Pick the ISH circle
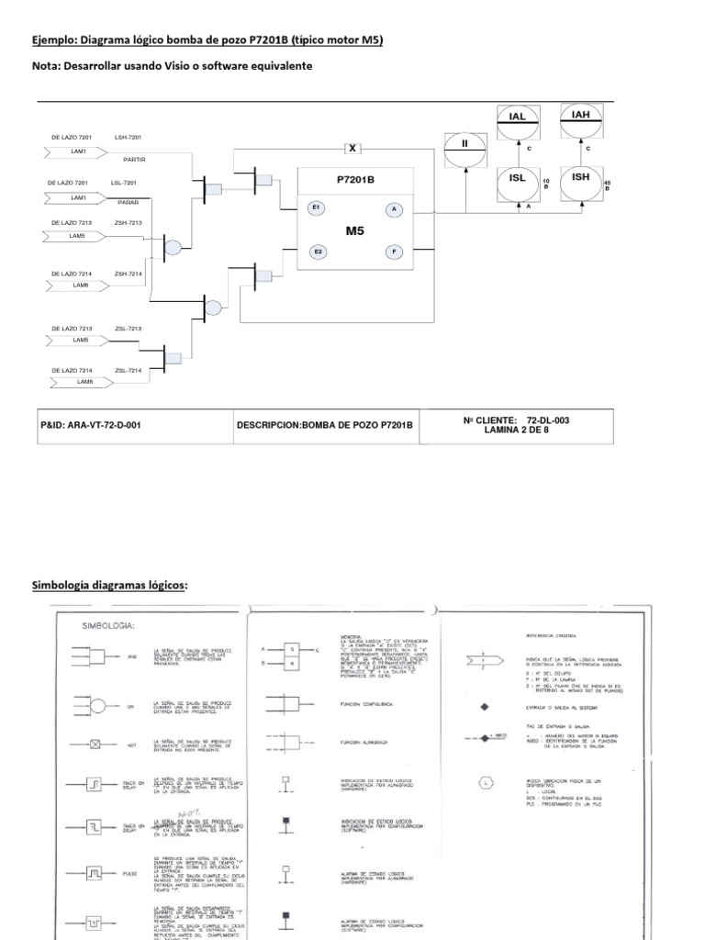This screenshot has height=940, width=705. pyautogui.click(x=580, y=180)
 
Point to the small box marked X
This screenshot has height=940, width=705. pyautogui.click(x=352, y=148)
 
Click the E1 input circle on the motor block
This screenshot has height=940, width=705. pyautogui.click(x=317, y=208)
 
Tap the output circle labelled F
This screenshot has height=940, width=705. pyautogui.click(x=394, y=251)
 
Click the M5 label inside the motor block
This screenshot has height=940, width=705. pyautogui.click(x=355, y=230)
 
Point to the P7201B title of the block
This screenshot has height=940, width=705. pyautogui.click(x=355, y=180)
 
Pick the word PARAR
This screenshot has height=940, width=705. pyautogui.click(x=129, y=201)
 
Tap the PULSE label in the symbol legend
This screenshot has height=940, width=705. pyautogui.click(x=129, y=873)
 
